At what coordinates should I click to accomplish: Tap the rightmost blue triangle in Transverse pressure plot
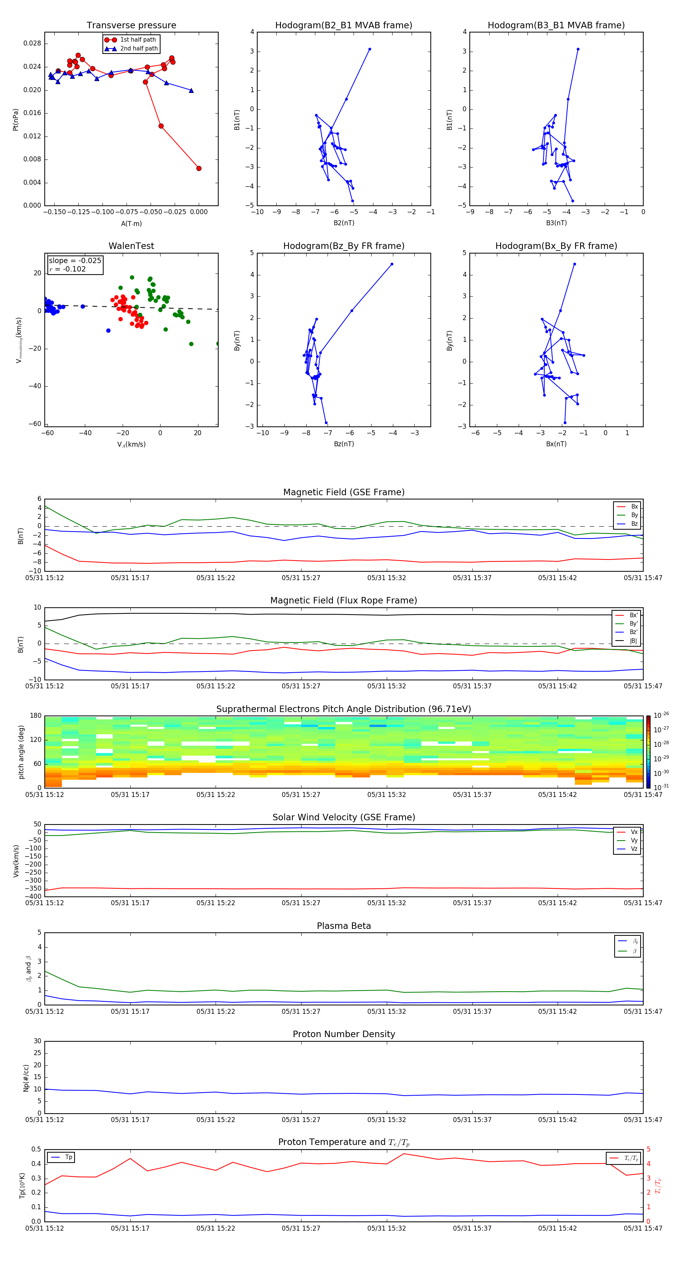point(191,91)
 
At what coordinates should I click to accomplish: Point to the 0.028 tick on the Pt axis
point(32,44)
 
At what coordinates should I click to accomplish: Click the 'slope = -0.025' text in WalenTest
point(75,261)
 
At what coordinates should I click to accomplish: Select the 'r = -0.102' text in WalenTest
point(68,269)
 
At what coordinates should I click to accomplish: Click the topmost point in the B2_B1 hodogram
point(370,49)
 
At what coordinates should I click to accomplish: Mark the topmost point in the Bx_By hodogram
point(574,264)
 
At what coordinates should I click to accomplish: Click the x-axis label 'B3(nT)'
point(556,223)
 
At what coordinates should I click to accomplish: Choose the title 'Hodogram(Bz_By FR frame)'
point(344,246)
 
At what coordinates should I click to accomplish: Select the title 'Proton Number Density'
point(344,1034)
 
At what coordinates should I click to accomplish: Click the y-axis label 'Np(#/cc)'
point(26,1078)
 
